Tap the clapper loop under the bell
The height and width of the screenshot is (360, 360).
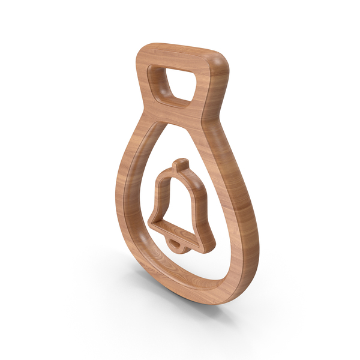pyautogui.click(x=176, y=244)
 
